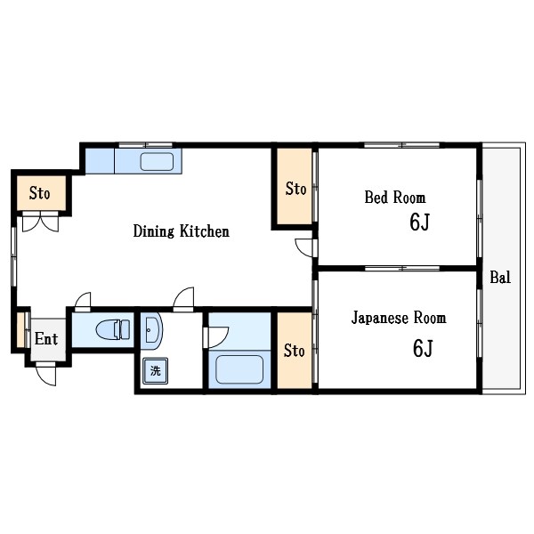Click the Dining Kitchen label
(x=182, y=231)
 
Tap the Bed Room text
(x=395, y=198)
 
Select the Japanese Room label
(x=399, y=318)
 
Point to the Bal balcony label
(x=500, y=277)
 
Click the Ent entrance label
(x=46, y=339)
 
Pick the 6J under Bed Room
(x=419, y=222)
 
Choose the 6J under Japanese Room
(x=423, y=348)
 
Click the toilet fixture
(x=113, y=329)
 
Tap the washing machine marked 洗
(x=155, y=371)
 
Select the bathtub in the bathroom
(x=239, y=369)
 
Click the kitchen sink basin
(x=157, y=162)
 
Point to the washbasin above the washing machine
(x=151, y=331)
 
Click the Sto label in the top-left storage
(x=39, y=193)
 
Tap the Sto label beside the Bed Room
(x=295, y=189)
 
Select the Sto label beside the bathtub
(x=295, y=351)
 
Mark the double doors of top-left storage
(x=40, y=222)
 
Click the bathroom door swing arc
(x=216, y=337)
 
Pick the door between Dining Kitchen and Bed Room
(x=304, y=248)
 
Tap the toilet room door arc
(x=83, y=302)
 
